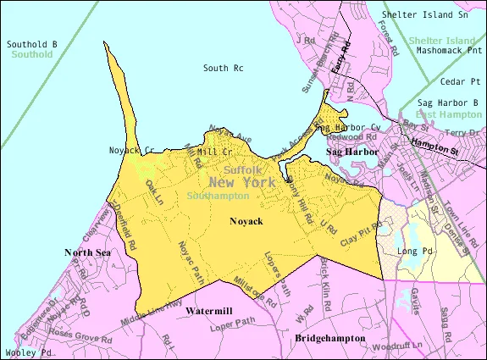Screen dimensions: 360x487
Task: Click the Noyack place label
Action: click(x=246, y=221)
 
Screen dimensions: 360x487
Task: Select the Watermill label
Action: click(x=210, y=311)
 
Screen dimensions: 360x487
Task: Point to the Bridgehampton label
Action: click(x=330, y=338)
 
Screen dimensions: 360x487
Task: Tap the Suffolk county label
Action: click(x=243, y=169)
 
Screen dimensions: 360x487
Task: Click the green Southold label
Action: click(x=32, y=54)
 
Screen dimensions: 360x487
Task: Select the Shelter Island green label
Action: click(x=442, y=41)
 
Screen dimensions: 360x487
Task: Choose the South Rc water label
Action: click(x=224, y=68)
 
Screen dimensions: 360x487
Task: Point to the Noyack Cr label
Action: click(x=130, y=150)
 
